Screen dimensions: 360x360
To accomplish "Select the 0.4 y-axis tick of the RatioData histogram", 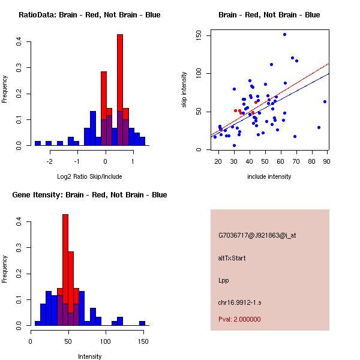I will click(x=20, y=41).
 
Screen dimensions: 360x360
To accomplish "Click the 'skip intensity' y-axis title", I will click(x=184, y=89).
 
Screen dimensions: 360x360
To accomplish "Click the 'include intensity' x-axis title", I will click(x=269, y=176).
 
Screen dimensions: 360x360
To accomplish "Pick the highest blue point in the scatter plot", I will click(x=284, y=34).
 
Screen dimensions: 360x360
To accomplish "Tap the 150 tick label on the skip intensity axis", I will click(x=199, y=35).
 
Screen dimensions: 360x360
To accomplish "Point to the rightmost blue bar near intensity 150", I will click(x=142, y=323).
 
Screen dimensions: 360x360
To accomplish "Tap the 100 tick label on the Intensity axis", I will click(x=106, y=341).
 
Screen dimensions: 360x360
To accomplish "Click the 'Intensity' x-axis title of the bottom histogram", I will click(x=89, y=356).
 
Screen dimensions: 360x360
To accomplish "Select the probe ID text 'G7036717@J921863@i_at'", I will click(x=257, y=235).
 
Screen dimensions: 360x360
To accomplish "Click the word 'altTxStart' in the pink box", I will click(x=232, y=258).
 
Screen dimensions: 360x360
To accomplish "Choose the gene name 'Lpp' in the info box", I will click(x=224, y=280).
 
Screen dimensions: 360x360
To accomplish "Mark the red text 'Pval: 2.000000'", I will click(x=239, y=320).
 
